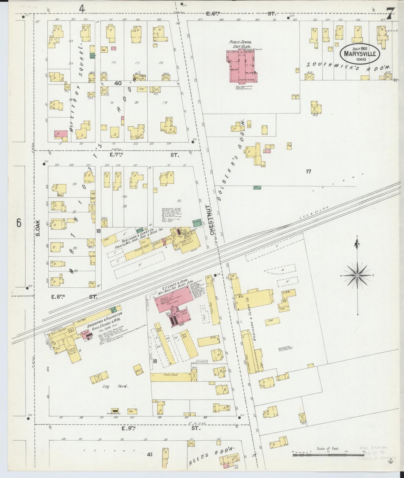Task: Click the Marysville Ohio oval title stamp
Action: point(360,52)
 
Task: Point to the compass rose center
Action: point(357,276)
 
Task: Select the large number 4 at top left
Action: point(82,9)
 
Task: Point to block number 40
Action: point(118,83)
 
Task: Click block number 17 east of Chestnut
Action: point(308,171)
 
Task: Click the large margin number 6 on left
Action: point(19,223)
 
